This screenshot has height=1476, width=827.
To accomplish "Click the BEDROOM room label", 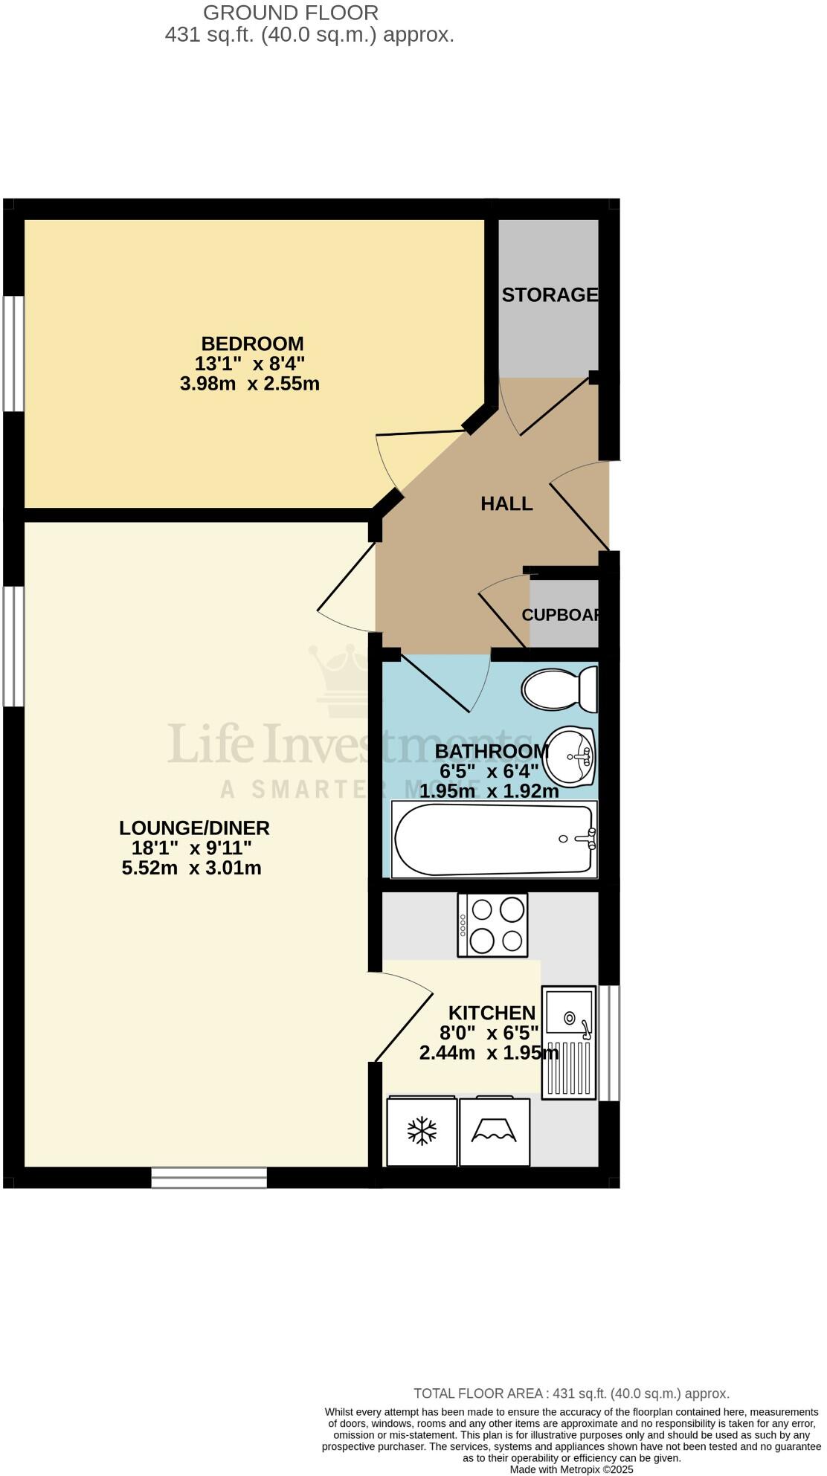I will coord(252,344).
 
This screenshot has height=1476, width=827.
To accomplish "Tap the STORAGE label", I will coord(550,295).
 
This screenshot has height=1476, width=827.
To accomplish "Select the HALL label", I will coord(506,503).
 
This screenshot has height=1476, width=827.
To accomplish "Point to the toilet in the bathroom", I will coord(559,689).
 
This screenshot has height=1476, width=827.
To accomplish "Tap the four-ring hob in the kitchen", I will coord(492,924).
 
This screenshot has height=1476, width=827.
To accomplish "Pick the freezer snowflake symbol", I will coord(422,1132).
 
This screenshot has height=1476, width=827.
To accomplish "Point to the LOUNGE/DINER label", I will coord(194,828).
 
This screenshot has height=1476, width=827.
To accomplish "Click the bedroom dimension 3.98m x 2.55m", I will coord(250,384).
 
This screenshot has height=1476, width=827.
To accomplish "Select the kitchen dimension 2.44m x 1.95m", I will coord(489,1053).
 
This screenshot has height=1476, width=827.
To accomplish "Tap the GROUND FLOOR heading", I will coord(291,13).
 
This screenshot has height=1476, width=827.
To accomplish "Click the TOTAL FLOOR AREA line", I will coord(571,1393).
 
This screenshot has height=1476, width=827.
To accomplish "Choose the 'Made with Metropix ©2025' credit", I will coord(571,1469).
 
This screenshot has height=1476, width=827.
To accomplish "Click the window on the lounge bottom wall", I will coord(209,1177).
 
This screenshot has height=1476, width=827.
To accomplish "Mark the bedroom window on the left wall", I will coord(13,353).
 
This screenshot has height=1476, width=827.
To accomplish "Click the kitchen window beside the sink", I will coord(609,1042).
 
